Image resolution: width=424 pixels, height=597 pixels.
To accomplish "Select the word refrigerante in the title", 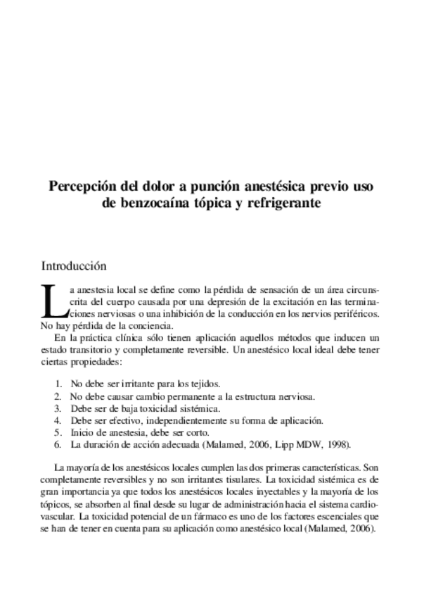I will (x=283, y=204).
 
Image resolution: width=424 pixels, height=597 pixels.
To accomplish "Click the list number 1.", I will (x=58, y=384).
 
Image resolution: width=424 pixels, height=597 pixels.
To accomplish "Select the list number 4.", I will (x=58, y=420).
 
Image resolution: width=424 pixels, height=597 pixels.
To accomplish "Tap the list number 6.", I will (x=58, y=445).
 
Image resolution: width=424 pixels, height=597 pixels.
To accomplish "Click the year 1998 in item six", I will (x=335, y=445).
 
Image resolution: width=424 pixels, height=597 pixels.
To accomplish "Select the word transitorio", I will (x=89, y=349).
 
